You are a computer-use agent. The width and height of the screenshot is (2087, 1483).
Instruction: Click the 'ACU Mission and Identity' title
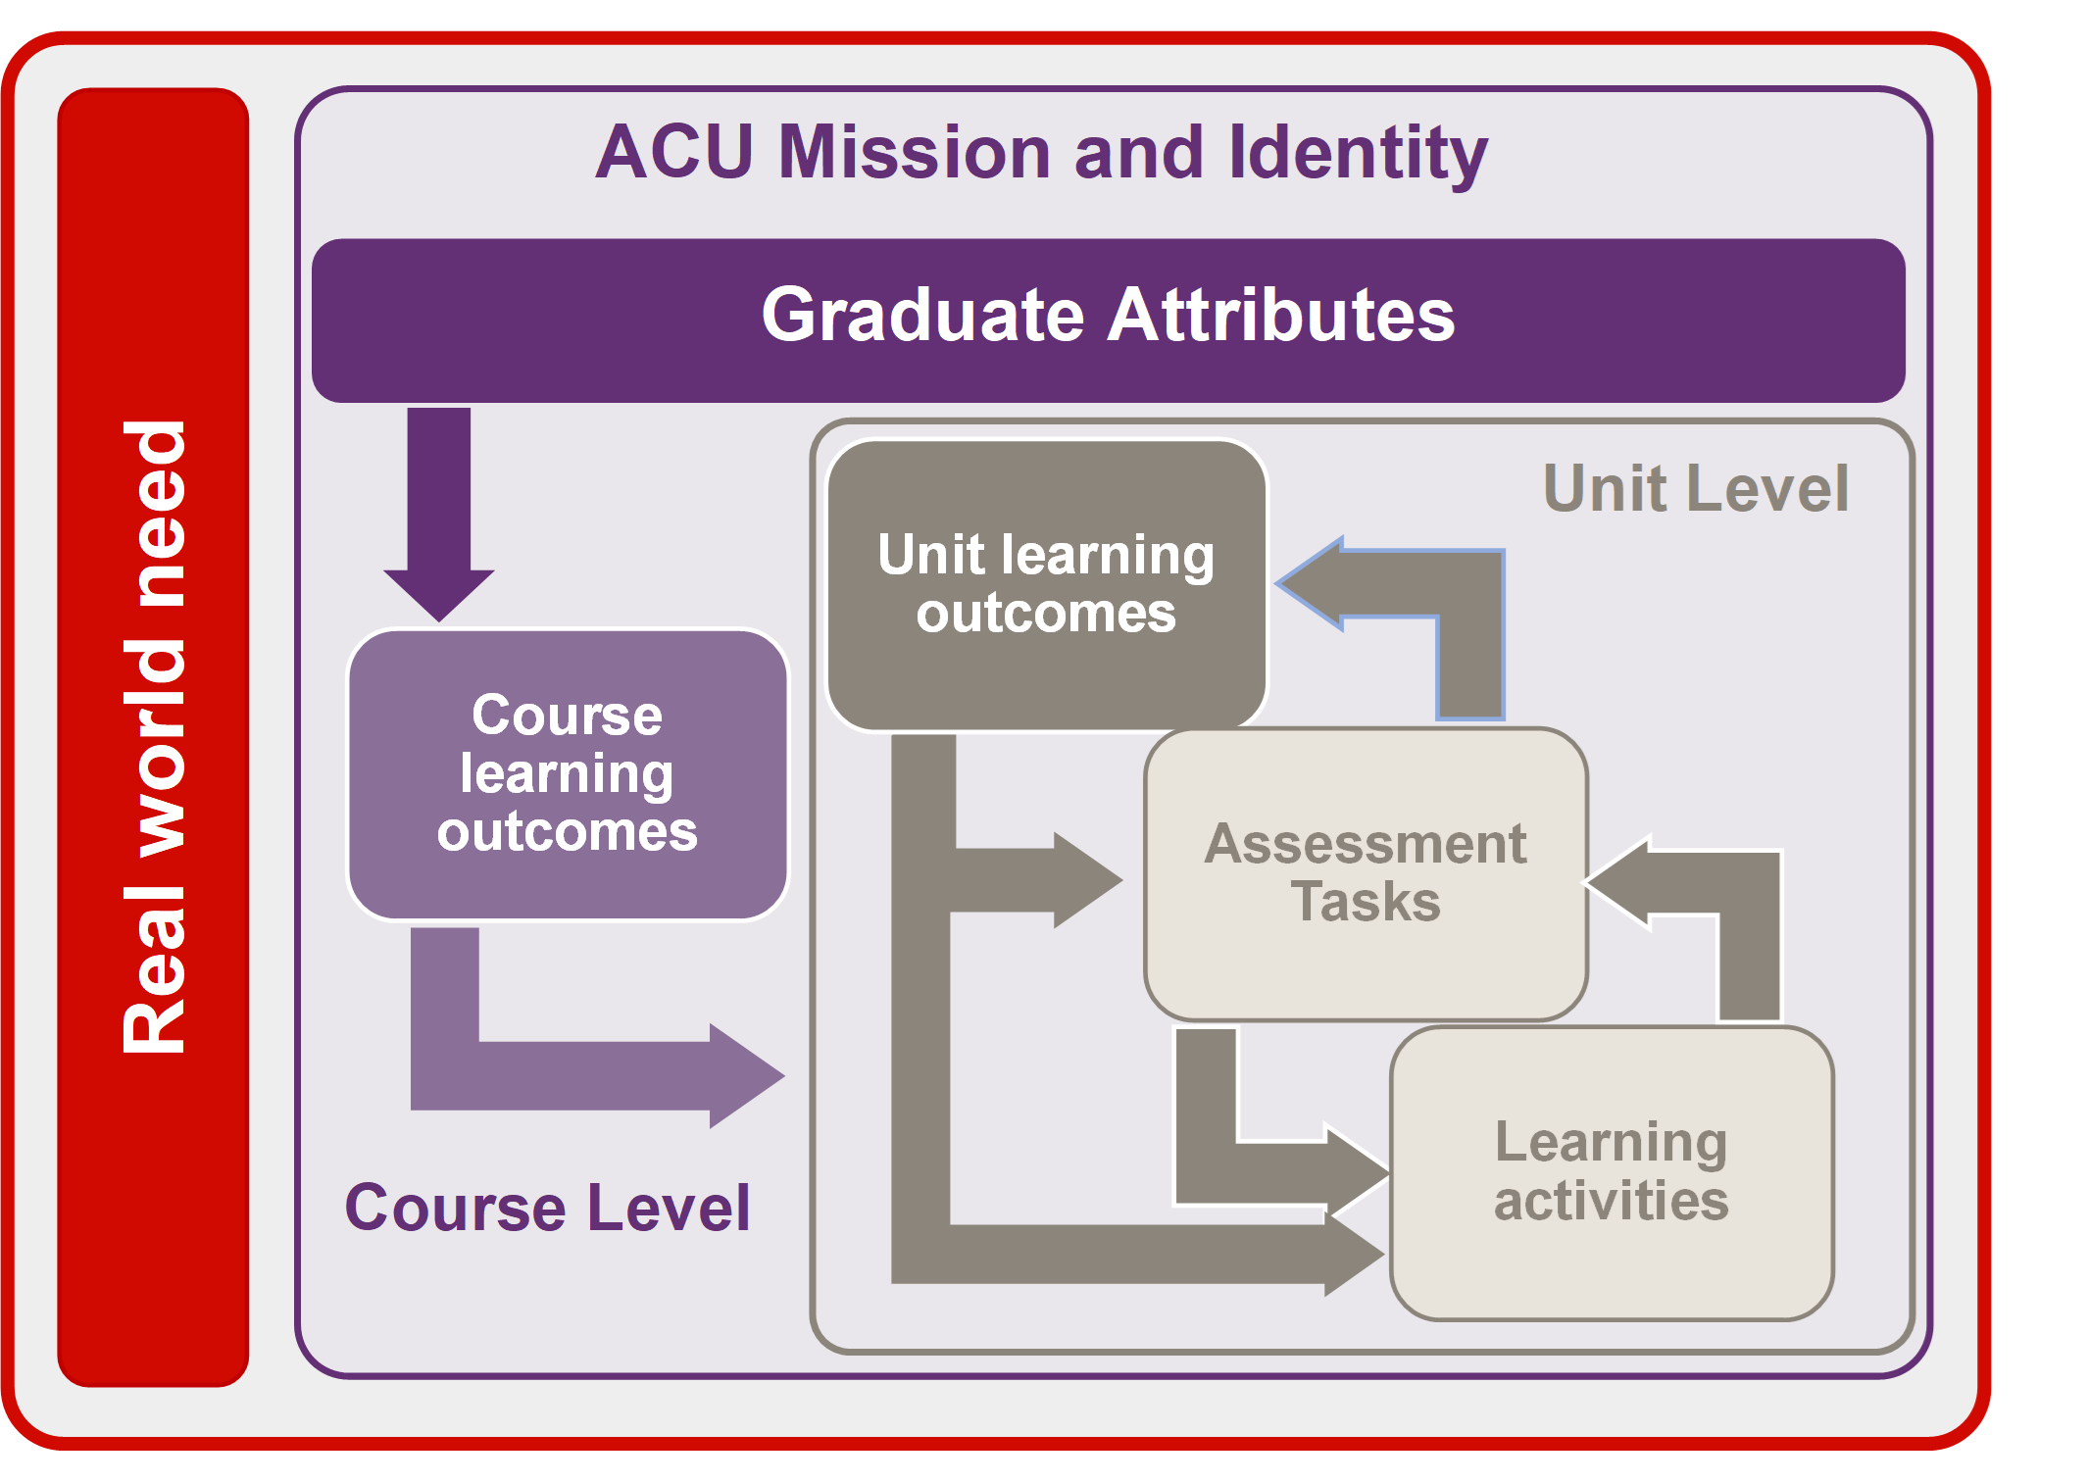click(1041, 154)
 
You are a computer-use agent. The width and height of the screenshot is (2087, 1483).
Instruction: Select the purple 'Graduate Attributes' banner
click(1108, 320)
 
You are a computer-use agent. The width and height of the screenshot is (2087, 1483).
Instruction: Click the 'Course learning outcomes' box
click(568, 774)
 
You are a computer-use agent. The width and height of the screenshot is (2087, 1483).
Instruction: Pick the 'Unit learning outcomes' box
click(1046, 584)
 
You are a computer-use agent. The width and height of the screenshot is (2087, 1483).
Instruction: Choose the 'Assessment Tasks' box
click(1365, 873)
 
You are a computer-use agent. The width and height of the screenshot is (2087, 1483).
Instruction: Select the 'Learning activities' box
click(1611, 1172)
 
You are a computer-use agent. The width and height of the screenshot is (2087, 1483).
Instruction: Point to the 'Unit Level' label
click(1696, 488)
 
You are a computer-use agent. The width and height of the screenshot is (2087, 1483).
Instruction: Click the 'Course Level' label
click(547, 1208)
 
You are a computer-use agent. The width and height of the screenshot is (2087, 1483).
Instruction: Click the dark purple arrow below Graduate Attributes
click(439, 510)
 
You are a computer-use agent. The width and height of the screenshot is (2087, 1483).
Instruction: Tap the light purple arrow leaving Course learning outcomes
click(588, 1075)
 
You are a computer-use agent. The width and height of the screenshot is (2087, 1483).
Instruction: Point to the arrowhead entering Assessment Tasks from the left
click(1083, 880)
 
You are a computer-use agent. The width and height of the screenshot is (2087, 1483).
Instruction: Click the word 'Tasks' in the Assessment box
click(1366, 902)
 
